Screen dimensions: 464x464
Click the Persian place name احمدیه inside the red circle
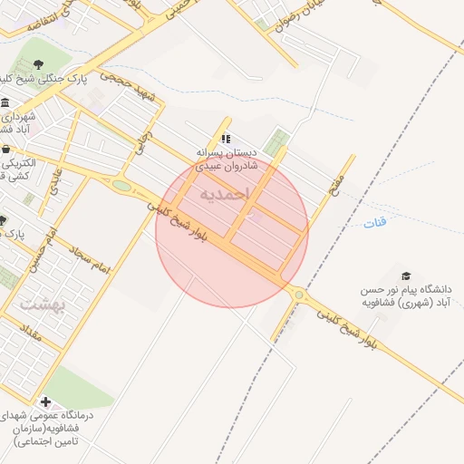(221, 194)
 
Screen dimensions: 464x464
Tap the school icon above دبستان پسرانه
(226, 139)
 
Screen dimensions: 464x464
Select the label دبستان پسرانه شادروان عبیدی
(227, 159)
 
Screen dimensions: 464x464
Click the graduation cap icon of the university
(406, 275)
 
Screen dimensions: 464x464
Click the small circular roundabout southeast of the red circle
(298, 295)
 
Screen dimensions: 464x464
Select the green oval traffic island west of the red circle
(121, 186)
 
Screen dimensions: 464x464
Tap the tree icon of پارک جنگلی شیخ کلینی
(39, 63)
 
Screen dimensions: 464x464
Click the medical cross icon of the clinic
(45, 401)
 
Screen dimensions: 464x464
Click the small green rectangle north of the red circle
(279, 141)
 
